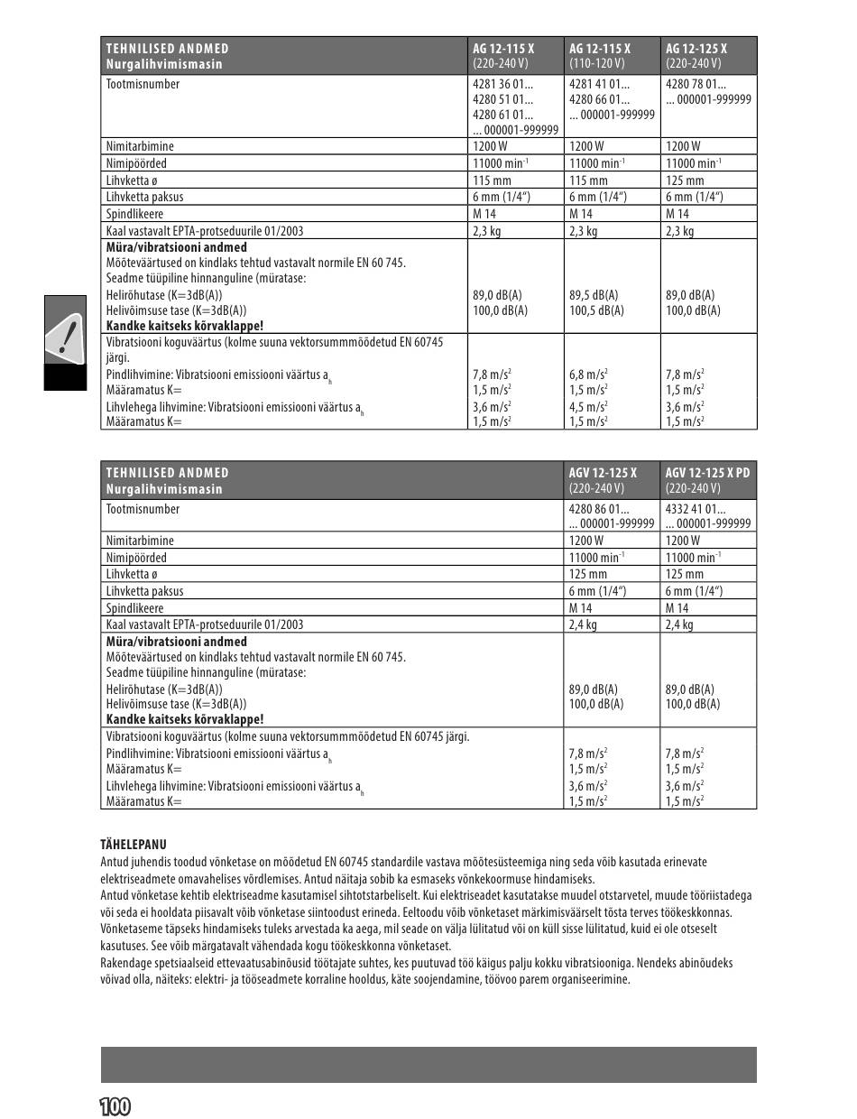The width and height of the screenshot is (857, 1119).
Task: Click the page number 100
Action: coord(115,1106)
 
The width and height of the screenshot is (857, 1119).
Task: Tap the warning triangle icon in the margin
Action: coord(66,336)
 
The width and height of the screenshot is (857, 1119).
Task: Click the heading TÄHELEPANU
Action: coord(133,845)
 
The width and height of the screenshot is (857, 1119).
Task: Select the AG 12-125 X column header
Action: coord(696,48)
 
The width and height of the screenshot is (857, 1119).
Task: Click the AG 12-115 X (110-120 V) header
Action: coord(600,55)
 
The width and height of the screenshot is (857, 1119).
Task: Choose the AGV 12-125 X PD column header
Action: coord(707,472)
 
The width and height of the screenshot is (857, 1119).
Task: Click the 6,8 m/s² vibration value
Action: coord(588,374)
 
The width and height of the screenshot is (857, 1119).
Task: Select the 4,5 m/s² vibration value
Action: coord(588,406)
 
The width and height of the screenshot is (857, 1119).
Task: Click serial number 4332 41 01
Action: coord(696,509)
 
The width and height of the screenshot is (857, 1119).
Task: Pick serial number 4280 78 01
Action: coord(696,84)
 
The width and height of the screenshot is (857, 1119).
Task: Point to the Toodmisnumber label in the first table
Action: coord(143,84)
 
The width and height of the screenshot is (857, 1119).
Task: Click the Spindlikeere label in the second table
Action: coord(135,608)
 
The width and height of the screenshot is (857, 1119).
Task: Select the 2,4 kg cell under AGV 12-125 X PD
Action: coord(679,624)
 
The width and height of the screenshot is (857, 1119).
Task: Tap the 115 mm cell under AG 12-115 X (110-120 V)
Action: coord(588,180)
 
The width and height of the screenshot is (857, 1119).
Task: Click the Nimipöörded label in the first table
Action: coord(136,163)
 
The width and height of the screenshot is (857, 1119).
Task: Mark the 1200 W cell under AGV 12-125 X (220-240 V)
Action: coord(586,541)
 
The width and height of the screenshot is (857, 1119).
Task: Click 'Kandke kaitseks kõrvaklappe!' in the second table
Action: coord(185,719)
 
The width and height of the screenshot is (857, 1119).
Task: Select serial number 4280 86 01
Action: coord(599,509)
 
